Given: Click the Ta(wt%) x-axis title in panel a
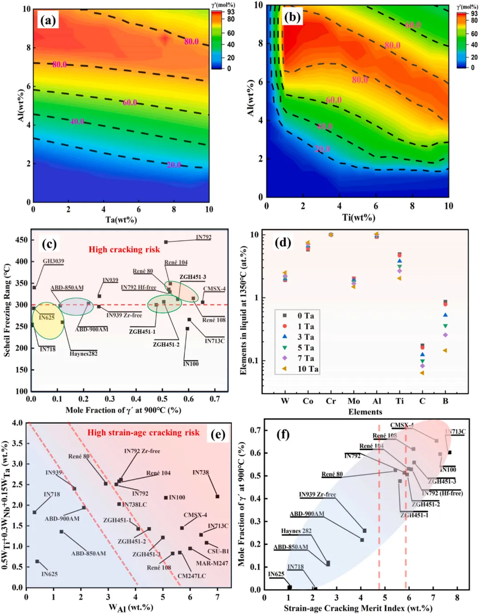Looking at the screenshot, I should [121, 219].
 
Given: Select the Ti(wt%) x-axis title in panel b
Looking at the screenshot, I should [358, 217].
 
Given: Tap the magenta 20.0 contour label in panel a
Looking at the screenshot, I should [174, 165].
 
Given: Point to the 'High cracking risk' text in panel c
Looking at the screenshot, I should [124, 250].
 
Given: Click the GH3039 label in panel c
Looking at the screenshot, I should [53, 261].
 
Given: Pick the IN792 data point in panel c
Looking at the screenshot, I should [166, 242].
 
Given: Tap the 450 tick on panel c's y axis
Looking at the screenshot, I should [21, 240].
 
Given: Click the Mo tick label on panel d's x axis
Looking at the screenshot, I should [354, 401].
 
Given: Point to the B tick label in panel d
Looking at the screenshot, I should [445, 401].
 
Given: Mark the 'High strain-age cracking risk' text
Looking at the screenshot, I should [143, 432].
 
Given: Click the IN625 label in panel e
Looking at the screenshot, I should [49, 574].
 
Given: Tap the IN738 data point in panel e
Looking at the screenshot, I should [217, 496].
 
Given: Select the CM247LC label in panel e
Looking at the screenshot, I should [192, 576].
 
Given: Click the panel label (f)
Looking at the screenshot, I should [283, 434].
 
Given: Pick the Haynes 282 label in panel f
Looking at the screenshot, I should [296, 531].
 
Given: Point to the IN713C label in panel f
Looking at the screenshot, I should [456, 432].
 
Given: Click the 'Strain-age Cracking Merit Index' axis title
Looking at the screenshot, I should [358, 608].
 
